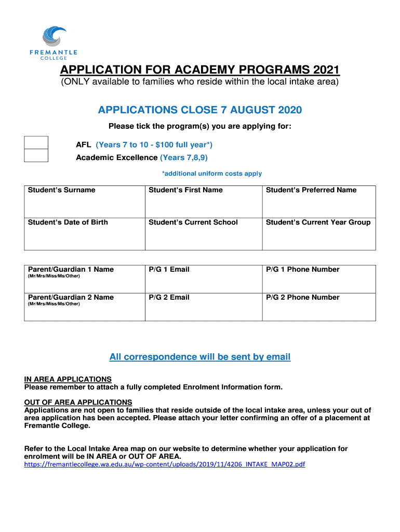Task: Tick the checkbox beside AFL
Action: [36, 142]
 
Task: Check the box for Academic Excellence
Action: [36, 155]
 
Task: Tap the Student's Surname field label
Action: [62, 190]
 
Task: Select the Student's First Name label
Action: [185, 190]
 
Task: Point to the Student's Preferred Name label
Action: [311, 190]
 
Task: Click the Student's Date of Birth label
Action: [68, 222]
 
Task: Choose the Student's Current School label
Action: [193, 222]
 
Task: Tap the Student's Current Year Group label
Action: [318, 222]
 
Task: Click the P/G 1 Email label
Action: [169, 270]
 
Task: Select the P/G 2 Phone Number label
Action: [303, 298]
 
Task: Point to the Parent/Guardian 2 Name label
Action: [71, 298]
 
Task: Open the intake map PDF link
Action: [165, 464]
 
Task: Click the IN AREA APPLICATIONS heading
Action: [68, 379]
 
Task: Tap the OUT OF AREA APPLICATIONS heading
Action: [78, 403]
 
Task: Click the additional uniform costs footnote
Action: [212, 174]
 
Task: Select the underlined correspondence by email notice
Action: [200, 357]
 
